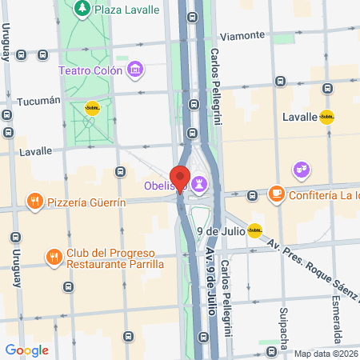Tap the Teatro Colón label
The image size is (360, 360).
[x=90, y=70]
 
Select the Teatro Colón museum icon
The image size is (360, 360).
[x=136, y=70]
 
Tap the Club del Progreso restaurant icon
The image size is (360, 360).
[x=54, y=258]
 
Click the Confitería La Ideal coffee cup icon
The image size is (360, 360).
[x=276, y=194]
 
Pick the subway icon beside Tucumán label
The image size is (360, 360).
[x=93, y=110]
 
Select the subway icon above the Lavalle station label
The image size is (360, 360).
[x=326, y=117]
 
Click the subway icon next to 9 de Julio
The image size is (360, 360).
[x=254, y=231]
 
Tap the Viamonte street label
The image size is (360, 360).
[x=242, y=35]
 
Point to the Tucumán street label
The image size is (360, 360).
[x=38, y=102]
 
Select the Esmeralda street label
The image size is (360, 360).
[x=336, y=316]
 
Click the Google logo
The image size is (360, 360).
[x=26, y=350]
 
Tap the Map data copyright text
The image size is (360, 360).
[x=326, y=354]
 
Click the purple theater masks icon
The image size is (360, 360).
[x=301, y=169]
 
